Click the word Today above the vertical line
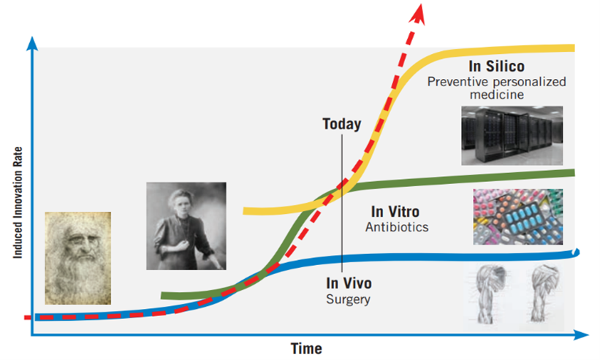342,124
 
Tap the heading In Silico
496,66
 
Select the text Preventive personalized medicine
497,88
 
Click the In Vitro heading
395,212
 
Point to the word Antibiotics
397,227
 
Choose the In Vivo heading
349,283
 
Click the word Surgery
348,299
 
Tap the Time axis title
306,348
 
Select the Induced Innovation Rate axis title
18,202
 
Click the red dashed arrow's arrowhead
418,13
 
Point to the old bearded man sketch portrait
77,258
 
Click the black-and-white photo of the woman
186,226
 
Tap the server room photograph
512,136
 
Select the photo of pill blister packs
517,217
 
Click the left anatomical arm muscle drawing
489,294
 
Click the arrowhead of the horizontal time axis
582,335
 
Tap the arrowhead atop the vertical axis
33,43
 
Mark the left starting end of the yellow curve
244,211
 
